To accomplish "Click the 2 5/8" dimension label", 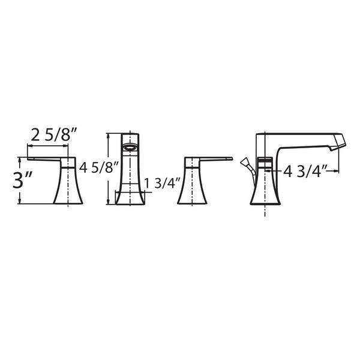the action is click(53, 135).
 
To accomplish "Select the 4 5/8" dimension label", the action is click(99, 167).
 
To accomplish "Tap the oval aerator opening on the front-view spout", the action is click(130, 147).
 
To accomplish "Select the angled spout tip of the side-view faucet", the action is click(339, 142).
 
